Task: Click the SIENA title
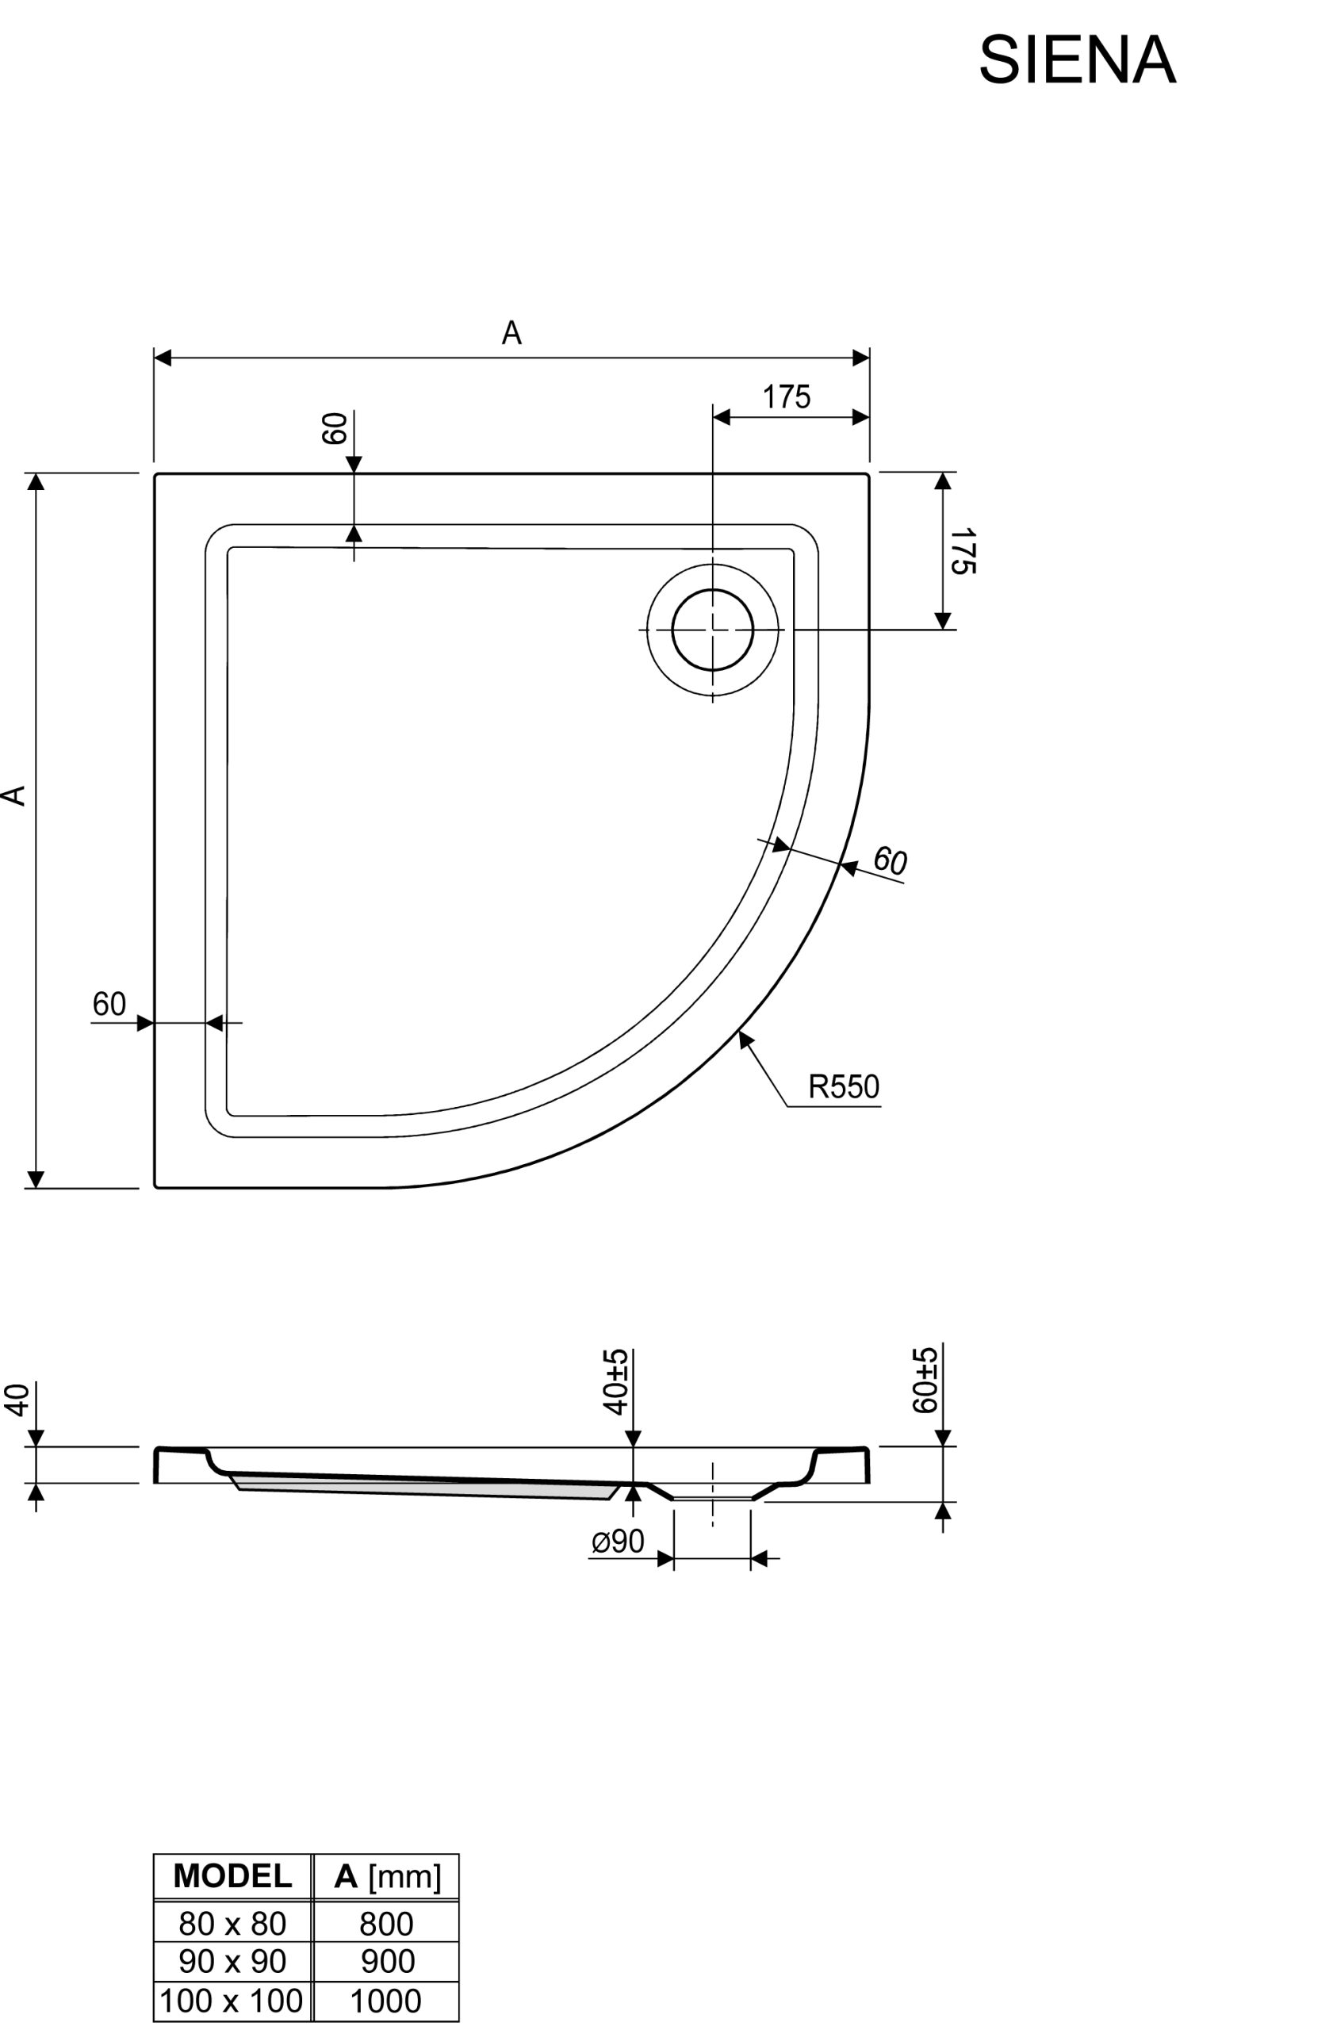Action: [1077, 60]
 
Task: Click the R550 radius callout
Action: [844, 1086]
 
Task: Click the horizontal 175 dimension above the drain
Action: [787, 397]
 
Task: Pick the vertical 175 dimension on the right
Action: [963, 551]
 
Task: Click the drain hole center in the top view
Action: [713, 630]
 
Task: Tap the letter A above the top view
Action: [511, 332]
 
